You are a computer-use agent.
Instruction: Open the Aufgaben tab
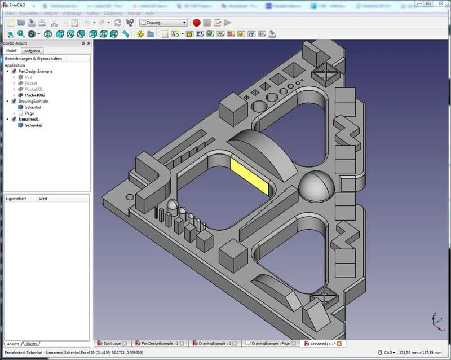(32, 51)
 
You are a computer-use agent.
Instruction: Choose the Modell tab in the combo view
(12, 51)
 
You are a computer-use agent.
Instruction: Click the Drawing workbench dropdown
(163, 23)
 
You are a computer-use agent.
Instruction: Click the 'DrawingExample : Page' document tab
(270, 343)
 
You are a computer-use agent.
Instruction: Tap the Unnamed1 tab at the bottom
(322, 343)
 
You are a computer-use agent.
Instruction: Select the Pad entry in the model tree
(28, 77)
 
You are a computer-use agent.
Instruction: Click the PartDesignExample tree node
(35, 72)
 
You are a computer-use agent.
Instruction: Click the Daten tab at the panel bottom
(32, 344)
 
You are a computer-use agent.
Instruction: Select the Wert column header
(43, 199)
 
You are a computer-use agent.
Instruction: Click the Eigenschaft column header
(16, 199)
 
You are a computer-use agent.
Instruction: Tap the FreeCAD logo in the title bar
(5, 4)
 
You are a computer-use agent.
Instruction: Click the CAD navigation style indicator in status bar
(388, 353)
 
